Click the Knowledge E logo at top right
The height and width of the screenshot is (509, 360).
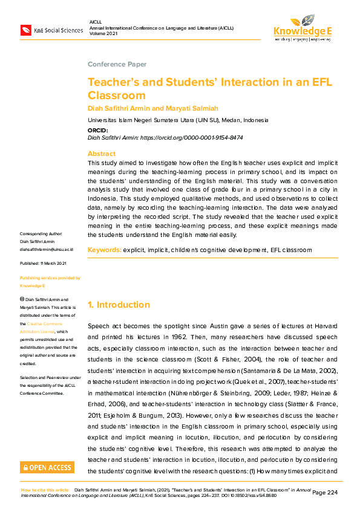coord(302,28)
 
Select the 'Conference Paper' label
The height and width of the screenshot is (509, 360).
coord(117,64)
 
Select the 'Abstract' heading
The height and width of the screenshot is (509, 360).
coord(101,154)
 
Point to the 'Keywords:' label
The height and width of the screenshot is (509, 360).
coord(104,250)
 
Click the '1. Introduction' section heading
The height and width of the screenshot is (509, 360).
coord(119,305)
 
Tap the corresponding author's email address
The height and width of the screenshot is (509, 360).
coord(47,249)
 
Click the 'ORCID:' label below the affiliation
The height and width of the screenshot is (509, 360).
coord(98,130)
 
